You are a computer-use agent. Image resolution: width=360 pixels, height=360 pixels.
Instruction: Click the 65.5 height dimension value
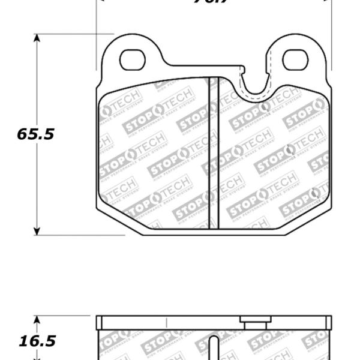click(x=35, y=134)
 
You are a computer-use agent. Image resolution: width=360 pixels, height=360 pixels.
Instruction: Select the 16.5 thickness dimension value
click(x=35, y=341)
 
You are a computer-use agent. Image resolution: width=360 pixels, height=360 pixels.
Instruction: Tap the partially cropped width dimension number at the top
click(x=213, y=2)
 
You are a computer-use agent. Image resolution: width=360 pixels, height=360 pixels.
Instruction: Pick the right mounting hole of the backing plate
click(x=295, y=59)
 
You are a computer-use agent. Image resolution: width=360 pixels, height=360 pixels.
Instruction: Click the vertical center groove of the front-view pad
click(x=213, y=153)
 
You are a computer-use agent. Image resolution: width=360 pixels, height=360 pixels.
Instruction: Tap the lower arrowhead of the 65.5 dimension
click(x=37, y=230)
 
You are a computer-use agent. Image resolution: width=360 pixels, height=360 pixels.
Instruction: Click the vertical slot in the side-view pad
click(x=213, y=348)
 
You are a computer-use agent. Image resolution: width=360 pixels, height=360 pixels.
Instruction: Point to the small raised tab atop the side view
click(x=255, y=320)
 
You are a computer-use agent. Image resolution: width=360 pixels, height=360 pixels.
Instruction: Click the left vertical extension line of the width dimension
click(x=97, y=36)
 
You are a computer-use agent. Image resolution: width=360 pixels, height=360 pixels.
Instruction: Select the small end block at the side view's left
click(x=100, y=323)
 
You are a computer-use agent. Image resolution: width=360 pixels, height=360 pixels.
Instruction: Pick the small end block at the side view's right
click(x=328, y=323)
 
